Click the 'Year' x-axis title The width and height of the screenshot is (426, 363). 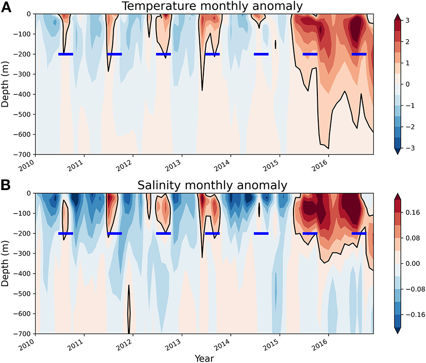point(204,358)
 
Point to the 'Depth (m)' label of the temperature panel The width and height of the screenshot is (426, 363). point(6,84)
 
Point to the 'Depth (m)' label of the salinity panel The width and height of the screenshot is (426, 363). point(6,263)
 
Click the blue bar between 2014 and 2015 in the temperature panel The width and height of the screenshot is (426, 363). point(261,54)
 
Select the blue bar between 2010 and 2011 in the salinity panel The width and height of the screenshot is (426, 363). point(65,233)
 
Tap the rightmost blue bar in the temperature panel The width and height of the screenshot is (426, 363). point(359,54)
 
